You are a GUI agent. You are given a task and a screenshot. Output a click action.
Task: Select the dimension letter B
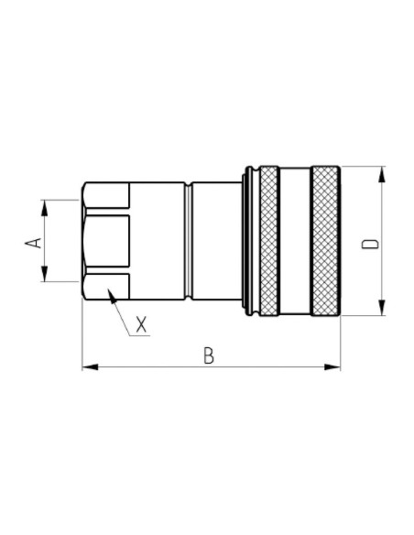209,355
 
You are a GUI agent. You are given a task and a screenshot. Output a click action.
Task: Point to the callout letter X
141,323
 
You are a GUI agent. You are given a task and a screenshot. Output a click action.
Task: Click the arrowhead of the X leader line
111,294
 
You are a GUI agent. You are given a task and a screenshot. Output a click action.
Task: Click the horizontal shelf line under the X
140,336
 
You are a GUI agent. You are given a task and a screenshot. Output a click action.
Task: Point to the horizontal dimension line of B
165,367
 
